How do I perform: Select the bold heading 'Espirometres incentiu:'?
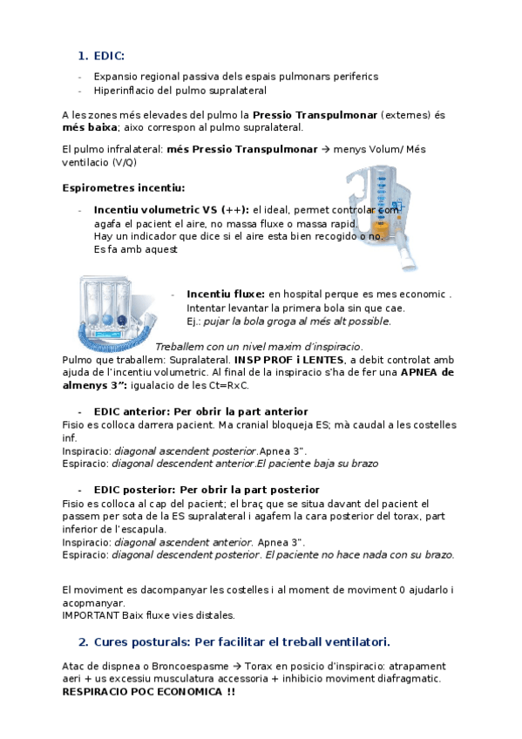point(124,187)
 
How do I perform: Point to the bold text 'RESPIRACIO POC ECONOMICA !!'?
point(148,691)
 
